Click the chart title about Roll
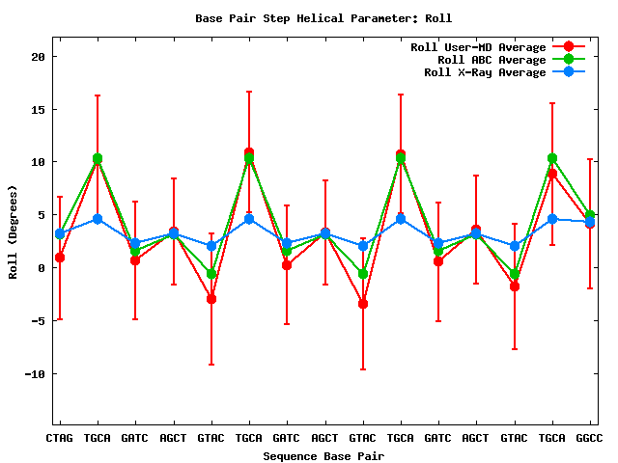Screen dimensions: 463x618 click(323, 18)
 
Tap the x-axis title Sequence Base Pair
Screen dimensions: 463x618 click(323, 455)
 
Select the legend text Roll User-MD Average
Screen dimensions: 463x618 click(478, 47)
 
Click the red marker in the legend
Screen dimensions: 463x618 click(569, 47)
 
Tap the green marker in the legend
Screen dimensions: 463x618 click(569, 60)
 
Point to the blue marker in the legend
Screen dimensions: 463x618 click(569, 72)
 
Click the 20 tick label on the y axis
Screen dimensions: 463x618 click(38, 56)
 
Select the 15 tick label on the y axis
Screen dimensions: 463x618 click(38, 109)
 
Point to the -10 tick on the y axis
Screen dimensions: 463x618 click(35, 373)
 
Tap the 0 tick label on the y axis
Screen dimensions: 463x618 click(42, 267)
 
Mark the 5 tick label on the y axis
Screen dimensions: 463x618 click(42, 215)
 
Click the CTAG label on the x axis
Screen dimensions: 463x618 click(60, 438)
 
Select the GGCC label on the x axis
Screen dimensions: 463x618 click(590, 438)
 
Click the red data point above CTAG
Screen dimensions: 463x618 click(60, 258)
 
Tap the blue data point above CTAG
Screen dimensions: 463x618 click(60, 233)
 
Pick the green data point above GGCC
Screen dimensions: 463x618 click(590, 215)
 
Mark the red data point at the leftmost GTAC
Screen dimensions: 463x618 click(211, 299)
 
